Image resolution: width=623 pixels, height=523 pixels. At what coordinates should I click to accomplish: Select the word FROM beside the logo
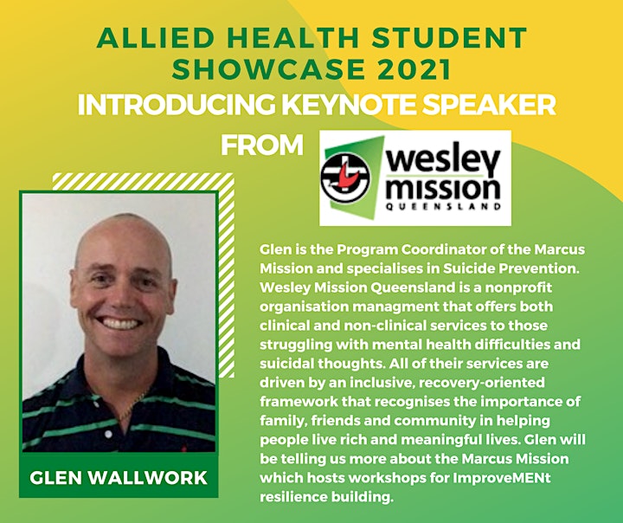tap(262, 145)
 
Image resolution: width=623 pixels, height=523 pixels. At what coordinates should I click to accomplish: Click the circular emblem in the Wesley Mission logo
tap(345, 178)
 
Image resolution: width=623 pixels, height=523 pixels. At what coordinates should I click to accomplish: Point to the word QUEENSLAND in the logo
tap(443, 206)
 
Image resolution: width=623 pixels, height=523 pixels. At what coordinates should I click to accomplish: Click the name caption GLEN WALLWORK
tap(119, 478)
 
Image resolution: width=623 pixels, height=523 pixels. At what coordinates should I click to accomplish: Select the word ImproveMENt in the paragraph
tap(501, 478)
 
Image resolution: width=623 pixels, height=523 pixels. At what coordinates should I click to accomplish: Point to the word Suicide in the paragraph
tap(467, 268)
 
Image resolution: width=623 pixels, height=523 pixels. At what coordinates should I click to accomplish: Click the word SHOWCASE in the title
tap(268, 69)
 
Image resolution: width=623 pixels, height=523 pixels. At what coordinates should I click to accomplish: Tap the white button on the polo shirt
tap(108, 435)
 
